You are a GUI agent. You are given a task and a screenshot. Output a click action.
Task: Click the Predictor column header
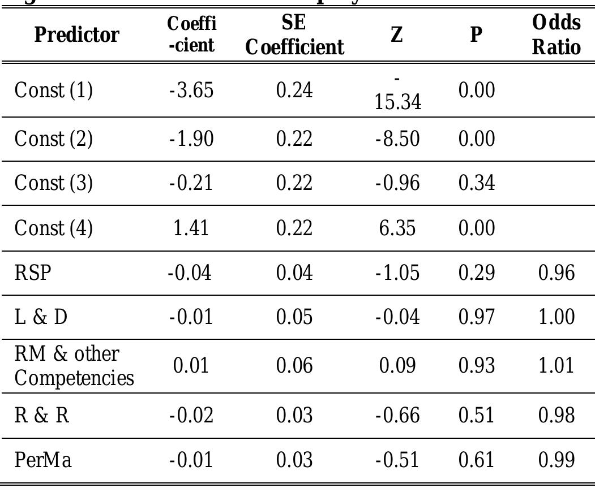tap(77, 35)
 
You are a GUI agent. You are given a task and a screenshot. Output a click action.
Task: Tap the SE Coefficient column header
tap(294, 35)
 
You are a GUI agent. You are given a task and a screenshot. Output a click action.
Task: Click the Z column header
tap(397, 35)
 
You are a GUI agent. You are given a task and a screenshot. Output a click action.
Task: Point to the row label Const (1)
tap(53, 90)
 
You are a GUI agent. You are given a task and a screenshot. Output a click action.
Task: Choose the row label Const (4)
tap(53, 228)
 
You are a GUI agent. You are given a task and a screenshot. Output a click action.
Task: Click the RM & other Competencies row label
tap(74, 365)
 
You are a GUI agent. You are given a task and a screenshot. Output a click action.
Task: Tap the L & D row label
tap(41, 317)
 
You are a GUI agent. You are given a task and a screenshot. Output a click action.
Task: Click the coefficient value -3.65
tap(191, 90)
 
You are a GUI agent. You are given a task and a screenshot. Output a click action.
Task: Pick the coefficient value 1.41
tap(191, 228)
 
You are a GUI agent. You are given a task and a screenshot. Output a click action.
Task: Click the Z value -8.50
tap(397, 139)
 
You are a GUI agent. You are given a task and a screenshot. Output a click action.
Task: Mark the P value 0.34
tap(476, 183)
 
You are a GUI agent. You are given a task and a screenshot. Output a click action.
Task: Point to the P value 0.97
tap(476, 317)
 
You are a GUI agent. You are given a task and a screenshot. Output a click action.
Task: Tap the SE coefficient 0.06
tap(294, 365)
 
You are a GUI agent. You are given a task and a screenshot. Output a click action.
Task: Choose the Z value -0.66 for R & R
tap(397, 416)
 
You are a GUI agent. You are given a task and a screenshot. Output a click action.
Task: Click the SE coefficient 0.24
tap(294, 90)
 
